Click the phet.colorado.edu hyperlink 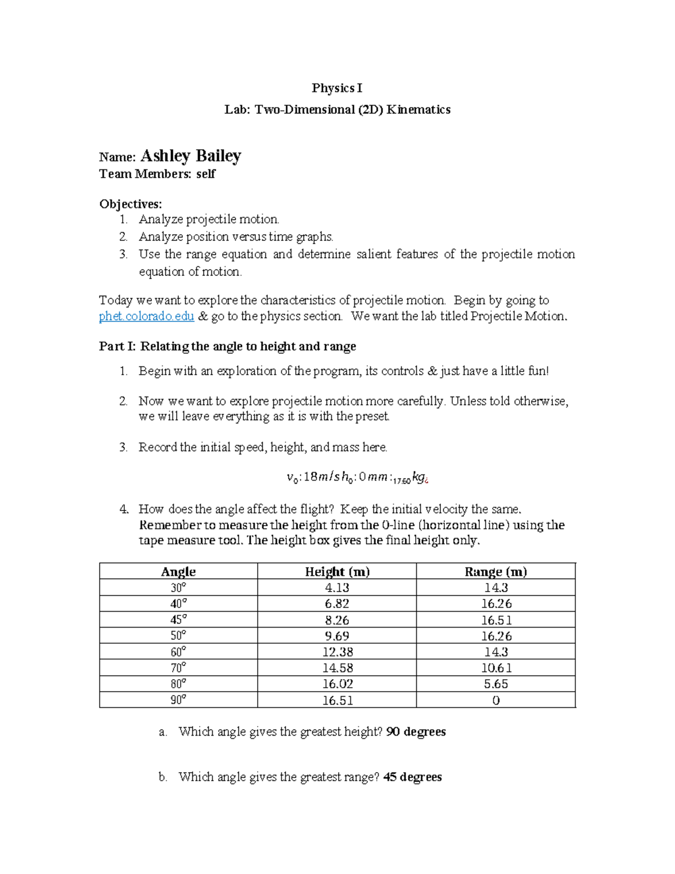146,316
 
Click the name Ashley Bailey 191,155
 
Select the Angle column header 178,572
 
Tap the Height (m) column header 337,572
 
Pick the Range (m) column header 496,572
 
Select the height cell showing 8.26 337,620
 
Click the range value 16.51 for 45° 496,620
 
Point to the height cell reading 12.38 337,652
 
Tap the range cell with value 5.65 496,684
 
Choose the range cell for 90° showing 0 496,701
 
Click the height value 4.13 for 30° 337,588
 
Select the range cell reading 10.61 496,668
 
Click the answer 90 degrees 416,732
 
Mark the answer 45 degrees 412,777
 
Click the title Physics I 337,88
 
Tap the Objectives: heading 130,204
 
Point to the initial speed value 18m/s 321,477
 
